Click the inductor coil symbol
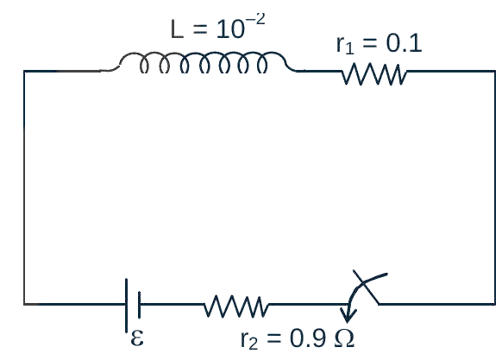(x=204, y=54)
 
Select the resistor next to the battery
(x=236, y=306)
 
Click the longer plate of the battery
(x=127, y=306)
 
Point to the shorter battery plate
(x=139, y=305)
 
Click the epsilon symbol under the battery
(x=137, y=338)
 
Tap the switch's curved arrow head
(x=348, y=315)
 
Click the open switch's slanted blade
(x=367, y=287)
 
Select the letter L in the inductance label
(x=177, y=29)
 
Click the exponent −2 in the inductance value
(x=255, y=21)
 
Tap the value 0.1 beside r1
(x=404, y=43)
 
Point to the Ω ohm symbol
(x=344, y=338)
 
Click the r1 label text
(x=345, y=45)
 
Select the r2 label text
(x=248, y=340)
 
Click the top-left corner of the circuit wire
(x=24, y=71)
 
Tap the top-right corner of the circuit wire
(x=495, y=71)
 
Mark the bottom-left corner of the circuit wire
(x=24, y=304)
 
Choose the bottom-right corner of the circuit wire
(x=495, y=304)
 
